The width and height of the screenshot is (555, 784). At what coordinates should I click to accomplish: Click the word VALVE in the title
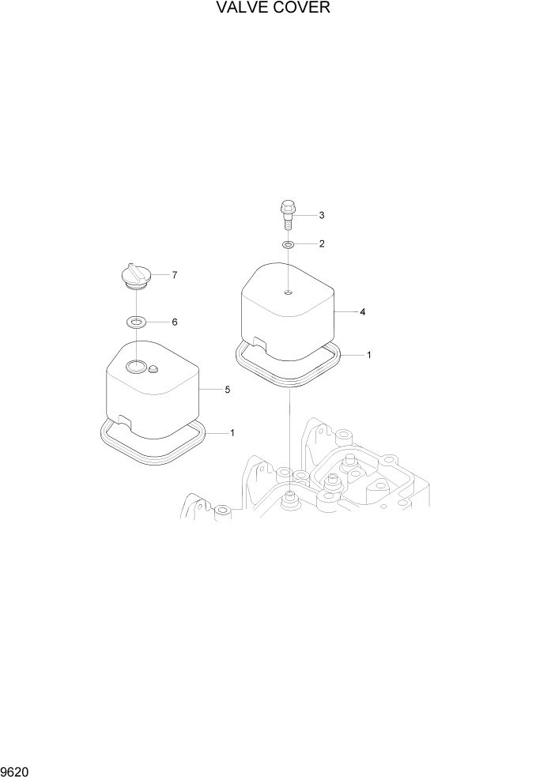pos(244,9)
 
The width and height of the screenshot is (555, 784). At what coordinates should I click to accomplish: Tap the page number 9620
pos(17,770)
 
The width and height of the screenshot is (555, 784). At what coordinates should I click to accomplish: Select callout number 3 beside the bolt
pos(322,215)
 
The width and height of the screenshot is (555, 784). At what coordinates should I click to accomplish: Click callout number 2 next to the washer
pos(322,244)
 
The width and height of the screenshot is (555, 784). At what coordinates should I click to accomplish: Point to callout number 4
pos(362,312)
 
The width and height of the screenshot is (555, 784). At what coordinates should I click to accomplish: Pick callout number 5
pos(228,390)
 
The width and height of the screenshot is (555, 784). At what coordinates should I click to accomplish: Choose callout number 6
pos(174,322)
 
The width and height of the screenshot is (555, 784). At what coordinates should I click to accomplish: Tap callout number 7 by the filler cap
pos(174,275)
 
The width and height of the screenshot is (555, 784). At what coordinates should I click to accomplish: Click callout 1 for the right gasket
pos(368,356)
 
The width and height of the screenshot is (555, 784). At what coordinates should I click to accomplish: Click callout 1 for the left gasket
pos(232,432)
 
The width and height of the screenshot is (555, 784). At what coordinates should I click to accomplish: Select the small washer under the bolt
pos(289,245)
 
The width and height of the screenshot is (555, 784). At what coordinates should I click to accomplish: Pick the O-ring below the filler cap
pos(138,322)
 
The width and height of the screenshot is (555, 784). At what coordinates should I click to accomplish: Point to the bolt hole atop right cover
pos(289,292)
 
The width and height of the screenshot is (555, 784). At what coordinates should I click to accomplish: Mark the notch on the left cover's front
pos(123,418)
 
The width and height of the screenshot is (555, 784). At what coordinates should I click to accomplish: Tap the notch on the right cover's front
pos(258,341)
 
